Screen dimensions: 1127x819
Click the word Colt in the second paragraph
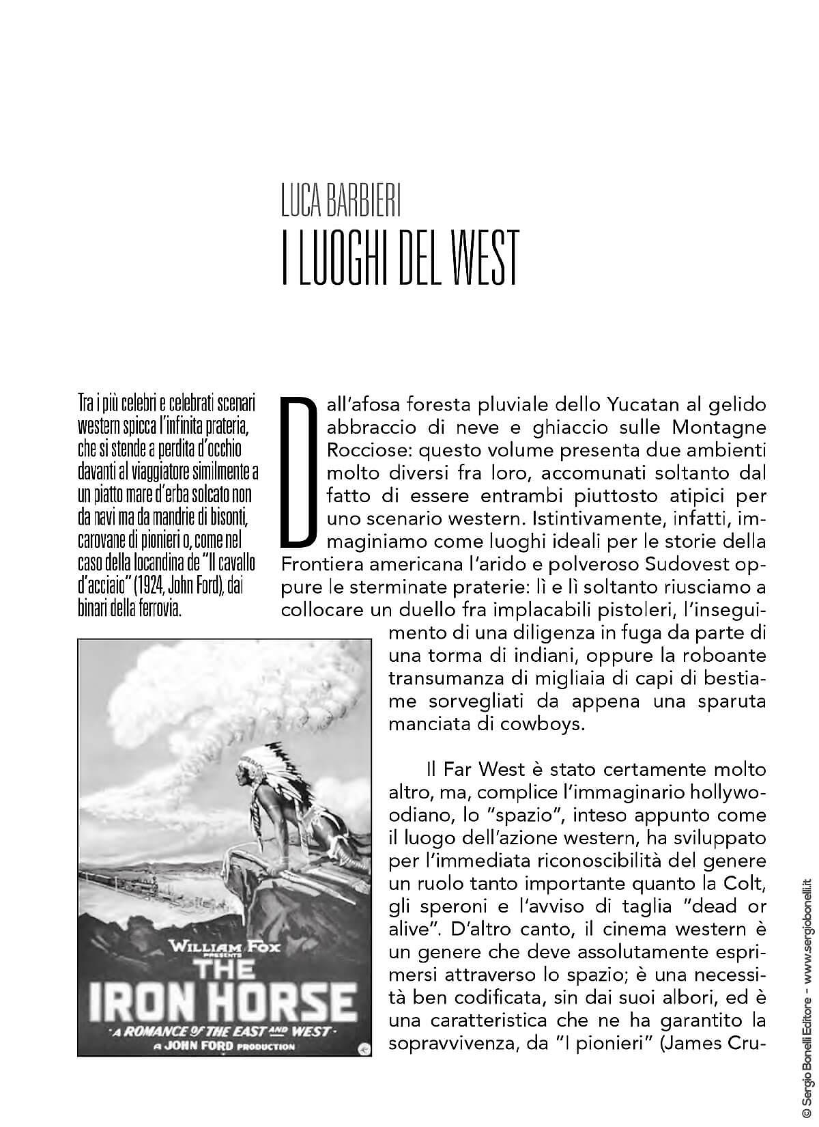745,885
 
